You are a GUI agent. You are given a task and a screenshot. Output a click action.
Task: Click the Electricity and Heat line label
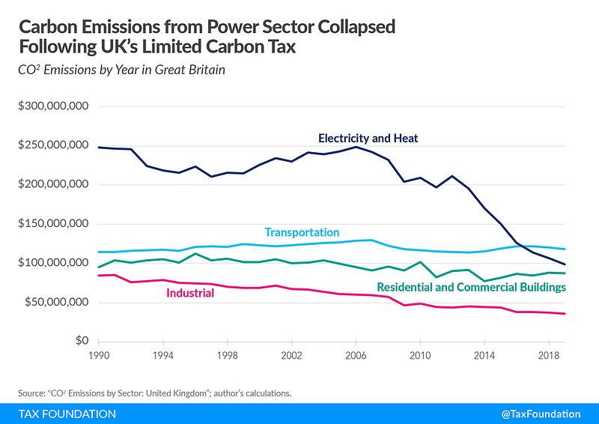coord(368,139)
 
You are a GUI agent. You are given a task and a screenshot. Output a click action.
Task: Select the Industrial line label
coord(189,293)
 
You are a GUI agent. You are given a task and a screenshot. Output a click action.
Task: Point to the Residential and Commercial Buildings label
coord(471,287)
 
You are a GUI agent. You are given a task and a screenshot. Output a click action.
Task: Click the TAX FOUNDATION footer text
coord(67,414)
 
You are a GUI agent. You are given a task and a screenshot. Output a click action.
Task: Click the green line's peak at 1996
coord(195,254)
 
